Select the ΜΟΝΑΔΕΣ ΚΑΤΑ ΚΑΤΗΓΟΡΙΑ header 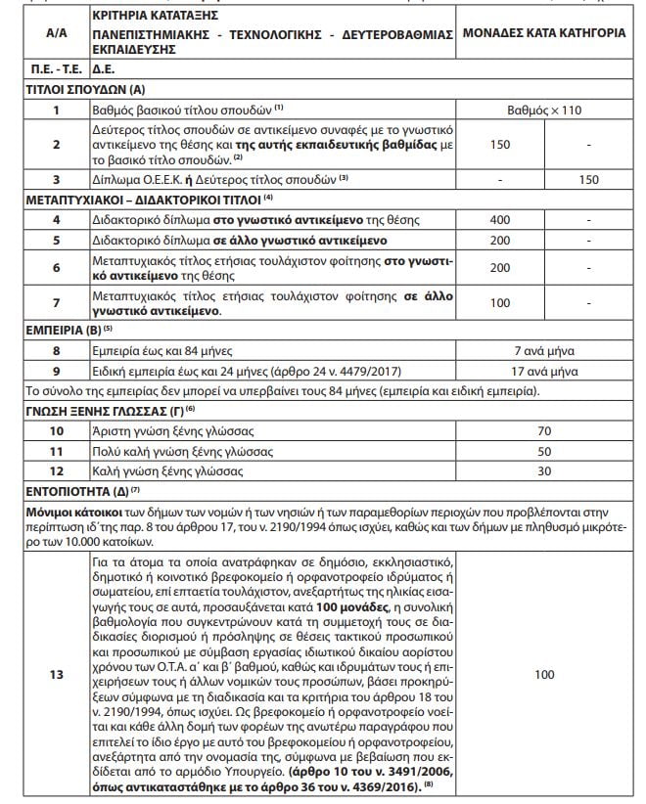[551, 32]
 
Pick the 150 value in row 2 [499, 144]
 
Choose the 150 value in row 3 [589, 180]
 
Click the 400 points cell [499, 220]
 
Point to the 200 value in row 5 [499, 240]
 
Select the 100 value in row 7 [499, 304]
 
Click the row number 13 [57, 674]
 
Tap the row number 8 [57, 350]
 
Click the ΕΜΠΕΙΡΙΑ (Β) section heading [57, 330]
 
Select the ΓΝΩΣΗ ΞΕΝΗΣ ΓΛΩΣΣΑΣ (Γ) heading [89, 410]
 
